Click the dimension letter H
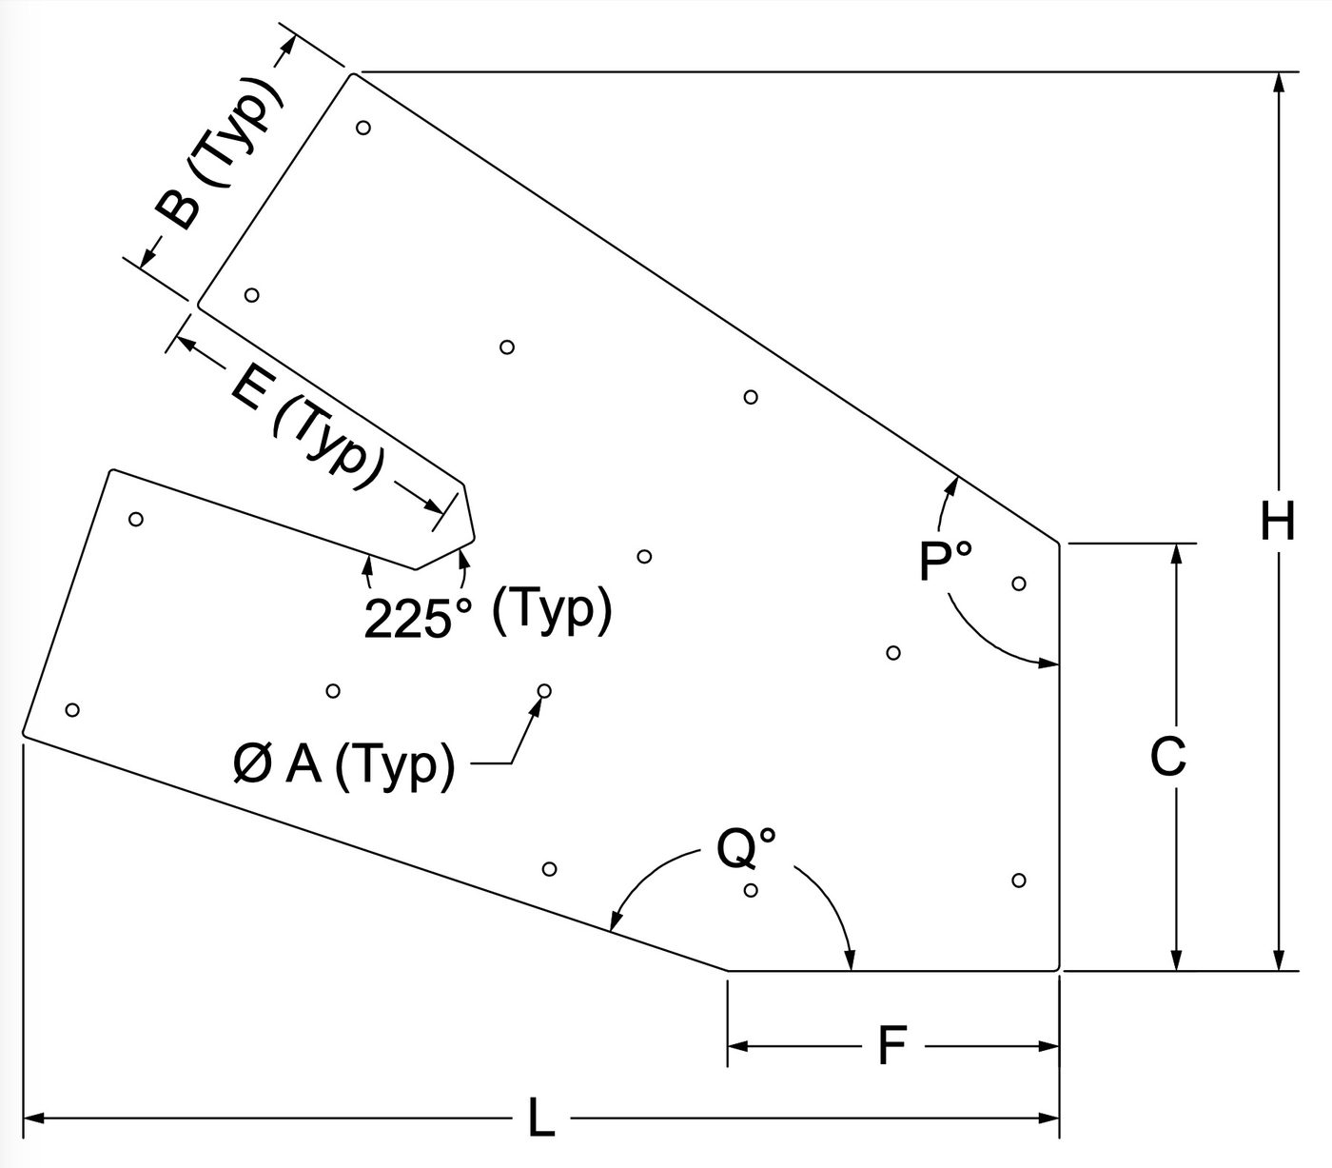(x=1278, y=521)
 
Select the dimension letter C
(x=1167, y=756)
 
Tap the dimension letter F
(x=892, y=1044)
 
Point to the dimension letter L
(x=541, y=1117)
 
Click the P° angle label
(x=945, y=561)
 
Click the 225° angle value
(x=418, y=618)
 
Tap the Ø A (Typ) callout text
(x=343, y=765)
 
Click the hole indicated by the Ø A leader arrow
(x=543, y=690)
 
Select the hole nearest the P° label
(x=1018, y=583)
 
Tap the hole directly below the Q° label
(x=751, y=890)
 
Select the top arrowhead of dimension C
(x=1177, y=556)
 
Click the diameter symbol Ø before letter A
(x=252, y=765)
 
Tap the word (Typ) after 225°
(x=552, y=610)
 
